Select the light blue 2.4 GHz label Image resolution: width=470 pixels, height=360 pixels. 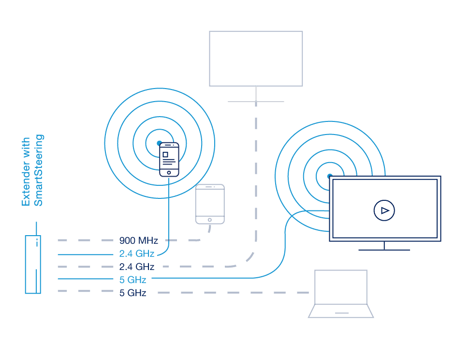pyautogui.click(x=136, y=253)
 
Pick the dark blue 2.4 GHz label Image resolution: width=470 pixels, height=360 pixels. pyautogui.click(x=136, y=267)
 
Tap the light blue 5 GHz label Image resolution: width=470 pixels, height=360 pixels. pyautogui.click(x=132, y=279)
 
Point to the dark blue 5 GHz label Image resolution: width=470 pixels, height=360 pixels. pyautogui.click(x=132, y=293)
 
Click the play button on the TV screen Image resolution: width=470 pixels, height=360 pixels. pyautogui.click(x=384, y=210)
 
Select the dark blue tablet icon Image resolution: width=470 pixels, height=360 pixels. pyautogui.click(x=210, y=204)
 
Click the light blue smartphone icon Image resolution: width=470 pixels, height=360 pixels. pyautogui.click(x=169, y=159)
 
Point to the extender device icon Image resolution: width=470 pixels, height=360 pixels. pyautogui.click(x=33, y=264)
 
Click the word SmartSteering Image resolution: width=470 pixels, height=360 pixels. pyautogui.click(x=39, y=170)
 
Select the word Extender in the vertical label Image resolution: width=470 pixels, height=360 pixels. pyautogui.click(x=26, y=172)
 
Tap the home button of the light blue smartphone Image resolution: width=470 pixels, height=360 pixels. pyautogui.click(x=169, y=172)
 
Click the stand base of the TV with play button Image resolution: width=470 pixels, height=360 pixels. pyautogui.click(x=384, y=250)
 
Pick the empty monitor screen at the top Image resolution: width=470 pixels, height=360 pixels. pyautogui.click(x=256, y=59)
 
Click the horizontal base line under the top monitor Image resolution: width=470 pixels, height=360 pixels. pyautogui.click(x=256, y=102)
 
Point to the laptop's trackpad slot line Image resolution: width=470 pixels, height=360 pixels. pyautogui.click(x=341, y=313)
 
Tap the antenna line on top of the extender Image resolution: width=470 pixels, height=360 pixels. pyautogui.click(x=36, y=228)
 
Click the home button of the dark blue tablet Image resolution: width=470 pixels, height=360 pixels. pyautogui.click(x=210, y=220)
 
